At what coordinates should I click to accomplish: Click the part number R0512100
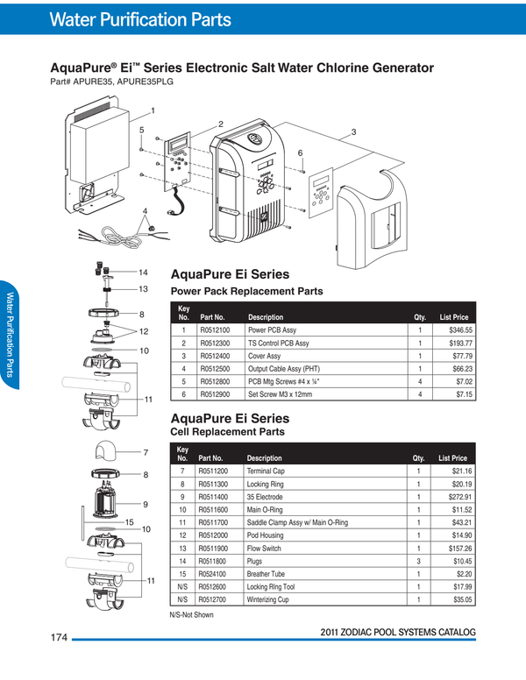click(215, 330)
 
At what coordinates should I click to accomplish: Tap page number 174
click(59, 637)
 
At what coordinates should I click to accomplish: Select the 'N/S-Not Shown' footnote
click(191, 614)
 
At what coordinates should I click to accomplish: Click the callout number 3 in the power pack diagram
click(353, 131)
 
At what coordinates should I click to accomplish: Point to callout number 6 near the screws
click(300, 153)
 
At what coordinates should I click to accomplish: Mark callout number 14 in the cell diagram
click(144, 272)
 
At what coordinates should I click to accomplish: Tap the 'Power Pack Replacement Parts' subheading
click(246, 291)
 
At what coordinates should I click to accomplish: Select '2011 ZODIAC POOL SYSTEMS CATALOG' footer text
click(398, 632)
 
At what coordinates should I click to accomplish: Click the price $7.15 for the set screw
click(462, 395)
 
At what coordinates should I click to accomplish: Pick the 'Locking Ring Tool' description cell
click(274, 586)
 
